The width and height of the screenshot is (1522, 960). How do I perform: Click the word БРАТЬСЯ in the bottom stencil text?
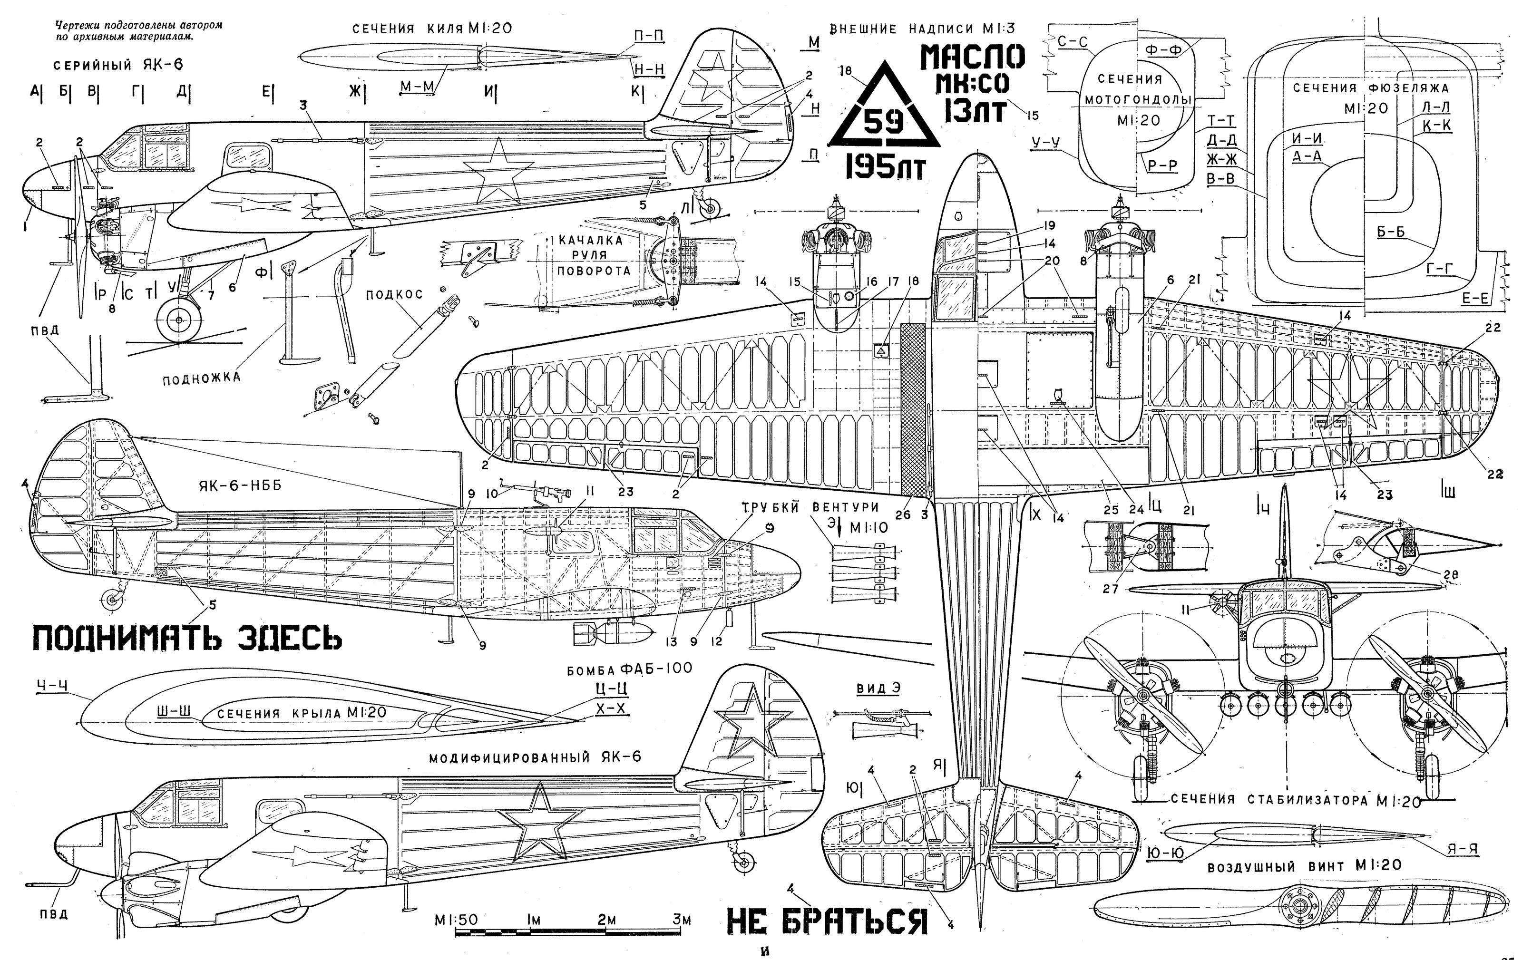click(855, 921)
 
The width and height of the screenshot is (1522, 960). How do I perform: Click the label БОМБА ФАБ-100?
click(630, 668)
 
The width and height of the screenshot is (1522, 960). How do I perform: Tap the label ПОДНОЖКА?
click(202, 378)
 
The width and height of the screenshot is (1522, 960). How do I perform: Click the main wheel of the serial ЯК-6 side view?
click(179, 321)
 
